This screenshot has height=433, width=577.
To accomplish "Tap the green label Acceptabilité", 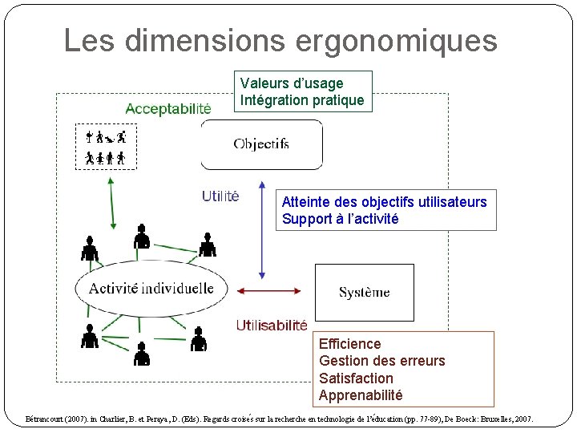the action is [x=168, y=108].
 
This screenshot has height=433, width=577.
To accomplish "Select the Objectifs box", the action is [x=261, y=144].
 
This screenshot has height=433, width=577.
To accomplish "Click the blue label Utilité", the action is [x=220, y=196].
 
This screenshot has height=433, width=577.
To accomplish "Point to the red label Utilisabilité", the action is [x=272, y=325].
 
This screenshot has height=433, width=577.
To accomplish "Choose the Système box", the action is [x=365, y=292].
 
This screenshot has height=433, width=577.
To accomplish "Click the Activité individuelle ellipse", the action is [x=151, y=289].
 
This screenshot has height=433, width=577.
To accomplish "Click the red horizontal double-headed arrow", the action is [x=269, y=291].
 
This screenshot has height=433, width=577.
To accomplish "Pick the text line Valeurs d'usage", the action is [x=292, y=83].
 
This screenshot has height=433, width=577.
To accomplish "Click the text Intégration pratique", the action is [x=302, y=100].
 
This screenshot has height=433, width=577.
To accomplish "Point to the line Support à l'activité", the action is [x=340, y=219].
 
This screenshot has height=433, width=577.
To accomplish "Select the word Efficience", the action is [x=350, y=344].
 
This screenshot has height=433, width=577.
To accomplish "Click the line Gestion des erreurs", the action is [x=381, y=361].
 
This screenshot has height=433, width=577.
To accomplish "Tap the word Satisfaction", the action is [x=356, y=378].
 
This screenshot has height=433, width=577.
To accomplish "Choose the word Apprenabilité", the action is [x=361, y=395].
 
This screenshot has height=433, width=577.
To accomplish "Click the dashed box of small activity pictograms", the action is [x=106, y=148].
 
